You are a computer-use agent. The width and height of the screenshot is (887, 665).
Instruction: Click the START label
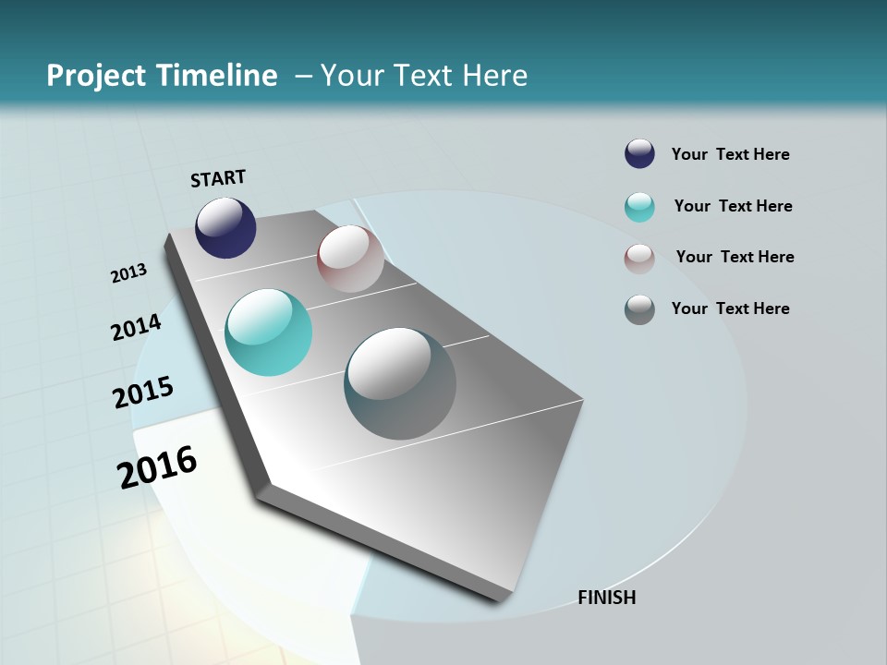point(218,178)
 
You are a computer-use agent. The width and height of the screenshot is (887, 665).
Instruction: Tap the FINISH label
point(606,598)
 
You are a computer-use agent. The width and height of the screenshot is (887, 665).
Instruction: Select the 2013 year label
point(129,272)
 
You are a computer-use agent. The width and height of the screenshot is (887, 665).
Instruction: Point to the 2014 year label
point(136,327)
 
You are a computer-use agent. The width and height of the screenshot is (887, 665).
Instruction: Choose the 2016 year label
point(157,466)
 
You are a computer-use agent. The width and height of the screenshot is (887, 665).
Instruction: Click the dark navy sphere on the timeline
point(225,227)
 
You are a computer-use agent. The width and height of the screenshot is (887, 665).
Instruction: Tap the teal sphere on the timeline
point(268,332)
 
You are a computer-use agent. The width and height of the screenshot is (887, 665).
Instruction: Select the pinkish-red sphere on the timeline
point(350,259)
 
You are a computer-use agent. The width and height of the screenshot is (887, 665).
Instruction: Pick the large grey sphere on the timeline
point(399,383)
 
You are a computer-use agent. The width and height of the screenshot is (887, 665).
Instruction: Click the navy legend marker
point(639,154)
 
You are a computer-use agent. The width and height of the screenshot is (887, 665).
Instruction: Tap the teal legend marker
point(639,206)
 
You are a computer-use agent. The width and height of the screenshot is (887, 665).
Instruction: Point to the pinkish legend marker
point(639,258)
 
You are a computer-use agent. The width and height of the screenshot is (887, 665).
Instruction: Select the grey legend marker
point(639,308)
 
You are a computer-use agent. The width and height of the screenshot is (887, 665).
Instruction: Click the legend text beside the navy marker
point(730,154)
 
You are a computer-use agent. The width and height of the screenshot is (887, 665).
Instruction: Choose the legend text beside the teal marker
point(733,206)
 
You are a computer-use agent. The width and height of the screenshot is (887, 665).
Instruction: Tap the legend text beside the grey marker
point(730,308)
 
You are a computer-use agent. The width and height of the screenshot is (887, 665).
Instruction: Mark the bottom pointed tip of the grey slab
point(500,601)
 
